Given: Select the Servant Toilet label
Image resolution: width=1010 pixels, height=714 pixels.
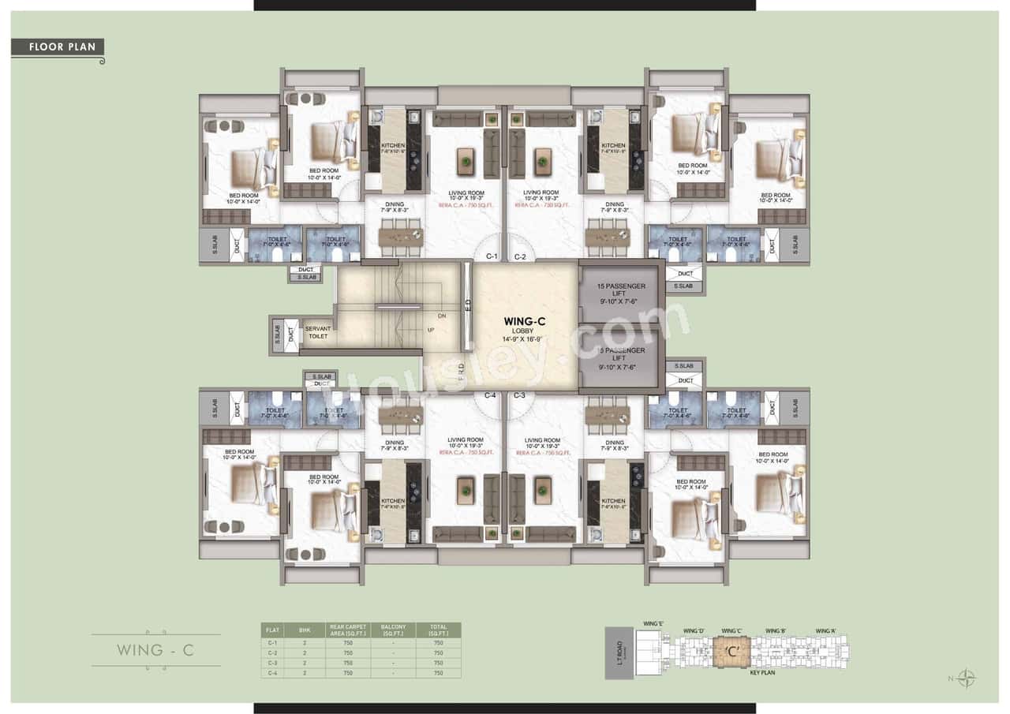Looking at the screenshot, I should (318, 331).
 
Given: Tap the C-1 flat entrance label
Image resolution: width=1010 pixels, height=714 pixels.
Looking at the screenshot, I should (491, 256).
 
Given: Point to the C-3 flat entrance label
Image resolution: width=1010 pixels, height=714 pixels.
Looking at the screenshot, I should (520, 394).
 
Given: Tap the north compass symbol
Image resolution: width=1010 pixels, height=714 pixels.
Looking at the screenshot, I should (967, 678).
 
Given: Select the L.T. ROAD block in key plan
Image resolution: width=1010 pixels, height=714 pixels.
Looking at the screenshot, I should (619, 652).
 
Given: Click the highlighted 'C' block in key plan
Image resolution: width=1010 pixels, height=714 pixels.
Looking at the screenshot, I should (732, 652).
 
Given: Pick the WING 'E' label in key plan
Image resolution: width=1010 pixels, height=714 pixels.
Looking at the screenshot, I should (653, 624).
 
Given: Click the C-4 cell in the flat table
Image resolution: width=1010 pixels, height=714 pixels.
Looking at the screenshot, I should (272, 673).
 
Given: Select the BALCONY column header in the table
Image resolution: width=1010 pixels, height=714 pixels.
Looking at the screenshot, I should (392, 629).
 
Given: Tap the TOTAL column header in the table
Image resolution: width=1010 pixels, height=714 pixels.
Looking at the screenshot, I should (438, 629).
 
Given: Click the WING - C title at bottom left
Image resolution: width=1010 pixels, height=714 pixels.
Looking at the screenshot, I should (155, 651).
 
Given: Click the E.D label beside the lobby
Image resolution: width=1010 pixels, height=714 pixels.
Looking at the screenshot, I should (467, 305).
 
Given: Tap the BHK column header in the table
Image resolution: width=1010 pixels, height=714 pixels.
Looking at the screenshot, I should (305, 629).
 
